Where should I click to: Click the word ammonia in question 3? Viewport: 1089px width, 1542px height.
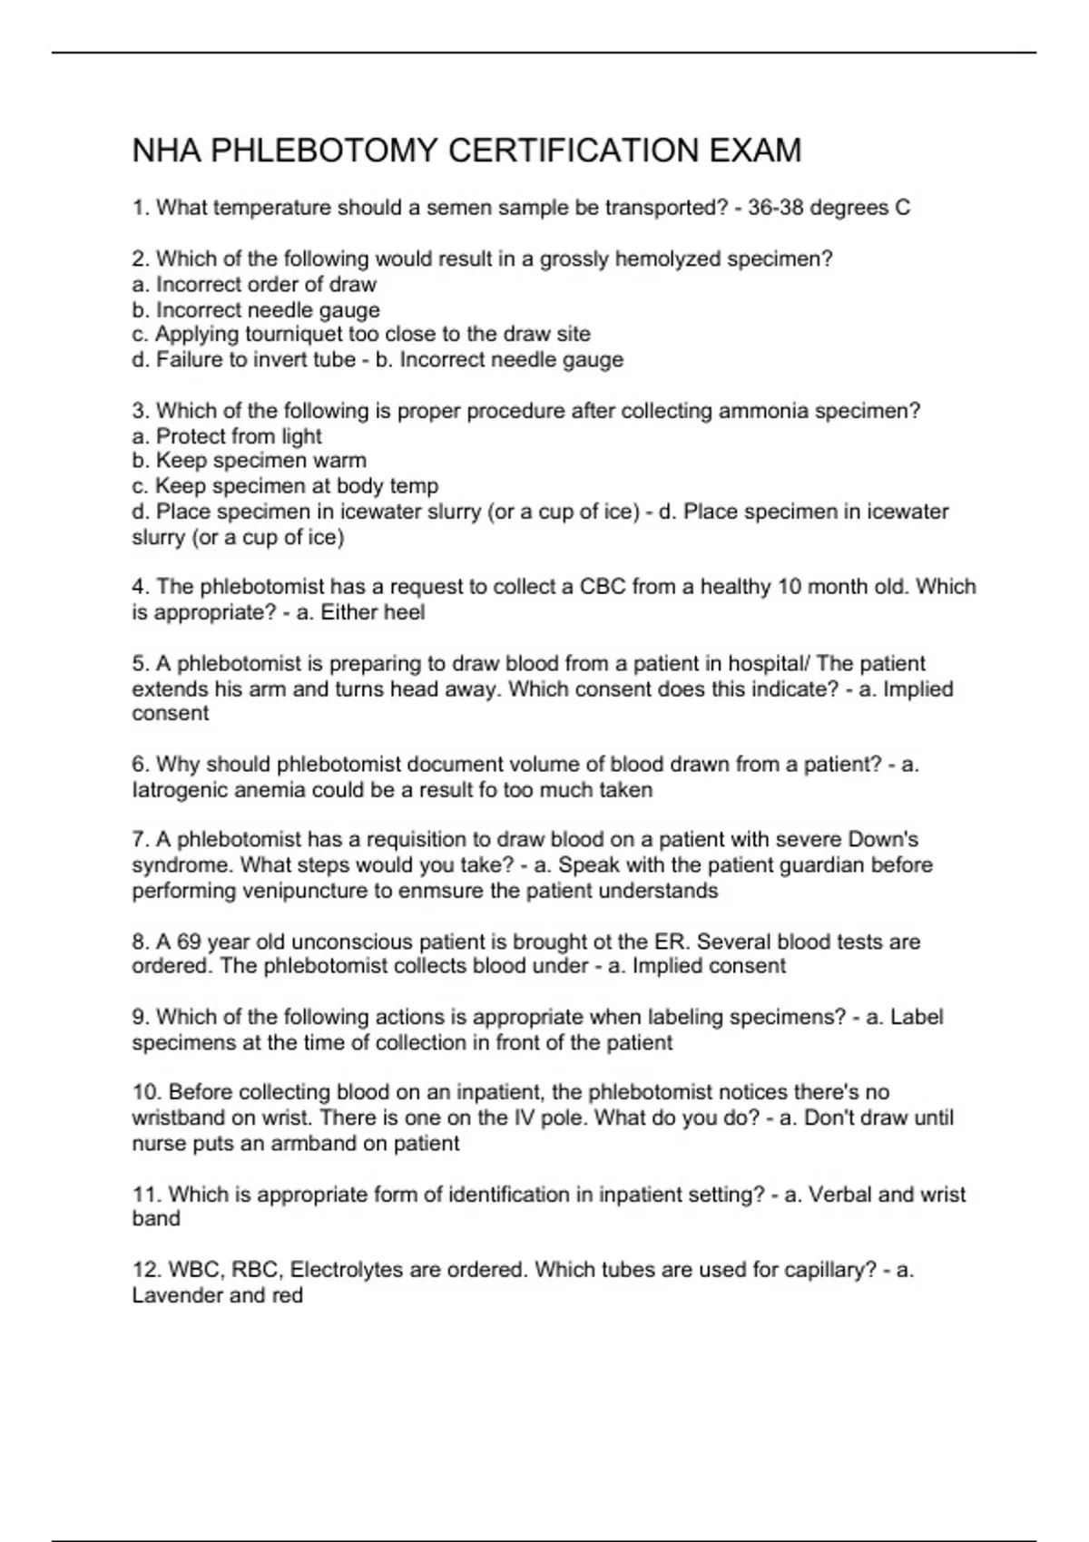(x=763, y=411)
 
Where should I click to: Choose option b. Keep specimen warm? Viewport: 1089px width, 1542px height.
(x=250, y=461)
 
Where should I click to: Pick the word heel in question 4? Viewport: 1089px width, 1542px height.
(x=405, y=612)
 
